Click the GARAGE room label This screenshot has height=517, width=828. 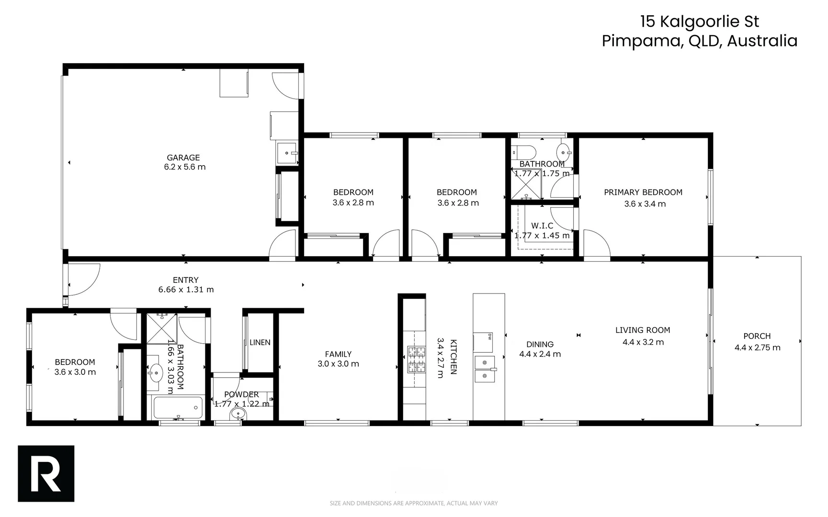point(183,157)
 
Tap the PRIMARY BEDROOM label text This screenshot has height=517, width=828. point(643,192)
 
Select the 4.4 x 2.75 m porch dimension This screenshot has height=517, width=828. point(757,348)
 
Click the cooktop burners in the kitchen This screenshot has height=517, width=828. point(416,360)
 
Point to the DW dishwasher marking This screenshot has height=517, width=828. point(490,336)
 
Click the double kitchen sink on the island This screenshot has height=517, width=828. point(485,369)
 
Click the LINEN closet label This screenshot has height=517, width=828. point(260,343)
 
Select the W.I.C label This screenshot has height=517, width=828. point(542,225)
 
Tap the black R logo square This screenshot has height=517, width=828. point(46,473)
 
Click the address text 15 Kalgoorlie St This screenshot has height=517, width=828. point(700,22)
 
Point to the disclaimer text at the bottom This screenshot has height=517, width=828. point(414,503)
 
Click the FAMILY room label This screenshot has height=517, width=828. point(338,354)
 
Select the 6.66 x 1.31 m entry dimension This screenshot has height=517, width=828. point(186,290)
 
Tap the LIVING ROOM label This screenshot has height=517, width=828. point(642,330)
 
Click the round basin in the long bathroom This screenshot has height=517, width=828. point(156,372)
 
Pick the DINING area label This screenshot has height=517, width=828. point(540,344)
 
